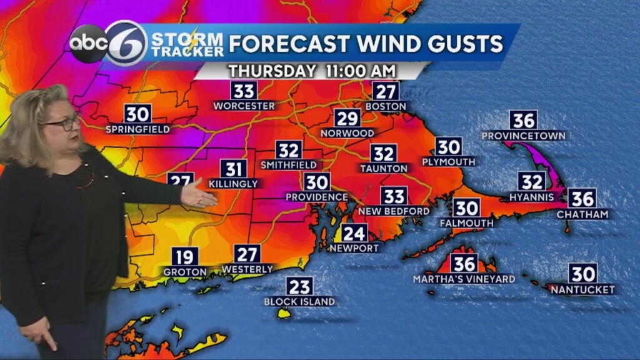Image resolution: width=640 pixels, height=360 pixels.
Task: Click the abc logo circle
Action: coord(87,44)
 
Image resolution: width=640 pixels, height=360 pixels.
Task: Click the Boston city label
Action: coord(386,107)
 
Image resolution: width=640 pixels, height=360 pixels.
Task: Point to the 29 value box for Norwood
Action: coord(347,119)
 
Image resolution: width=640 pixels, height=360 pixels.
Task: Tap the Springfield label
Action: coord(137,129)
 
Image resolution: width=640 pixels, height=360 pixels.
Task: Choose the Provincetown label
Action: coord(523,136)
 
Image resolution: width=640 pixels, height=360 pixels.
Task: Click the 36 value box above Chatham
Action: coord(582,199)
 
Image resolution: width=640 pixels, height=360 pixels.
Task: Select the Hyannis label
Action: coord(532,197)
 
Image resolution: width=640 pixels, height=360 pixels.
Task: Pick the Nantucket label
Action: coord(582,289)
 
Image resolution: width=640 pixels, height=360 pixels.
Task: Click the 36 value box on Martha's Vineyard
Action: coord(464,263)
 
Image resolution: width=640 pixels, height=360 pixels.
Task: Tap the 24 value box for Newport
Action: coord(354,233)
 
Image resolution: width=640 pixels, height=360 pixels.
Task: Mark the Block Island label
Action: coord(299,302)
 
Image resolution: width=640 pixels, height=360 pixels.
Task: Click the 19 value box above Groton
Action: coord(184,257)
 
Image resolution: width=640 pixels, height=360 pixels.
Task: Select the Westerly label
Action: coord(247,269)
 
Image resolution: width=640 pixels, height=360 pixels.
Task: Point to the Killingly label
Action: coord(233,184)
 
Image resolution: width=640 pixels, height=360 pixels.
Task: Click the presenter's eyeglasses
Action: coord(62,123)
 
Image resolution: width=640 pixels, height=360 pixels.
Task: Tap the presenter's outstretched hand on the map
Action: coord(199,195)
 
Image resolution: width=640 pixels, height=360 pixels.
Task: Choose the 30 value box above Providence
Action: coord(317,182)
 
